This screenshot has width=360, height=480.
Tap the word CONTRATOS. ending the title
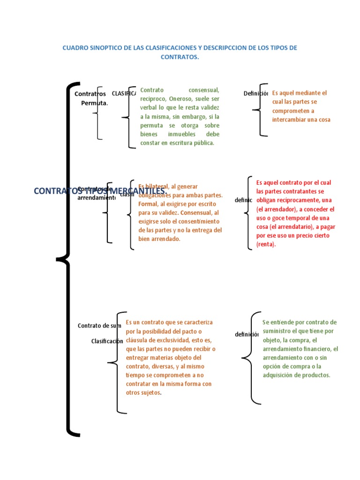(180, 57)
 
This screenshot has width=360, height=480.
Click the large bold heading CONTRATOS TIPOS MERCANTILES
(100, 191)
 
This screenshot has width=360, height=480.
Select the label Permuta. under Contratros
(94, 103)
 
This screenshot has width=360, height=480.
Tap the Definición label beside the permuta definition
(255, 93)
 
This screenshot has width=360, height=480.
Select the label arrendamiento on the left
(96, 197)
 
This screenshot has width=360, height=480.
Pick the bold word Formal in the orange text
(148, 204)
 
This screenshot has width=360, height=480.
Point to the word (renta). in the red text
(266, 244)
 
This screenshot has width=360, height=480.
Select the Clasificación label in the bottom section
(107, 341)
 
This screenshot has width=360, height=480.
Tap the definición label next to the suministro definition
(247, 334)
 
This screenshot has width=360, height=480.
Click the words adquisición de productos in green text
(296, 375)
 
